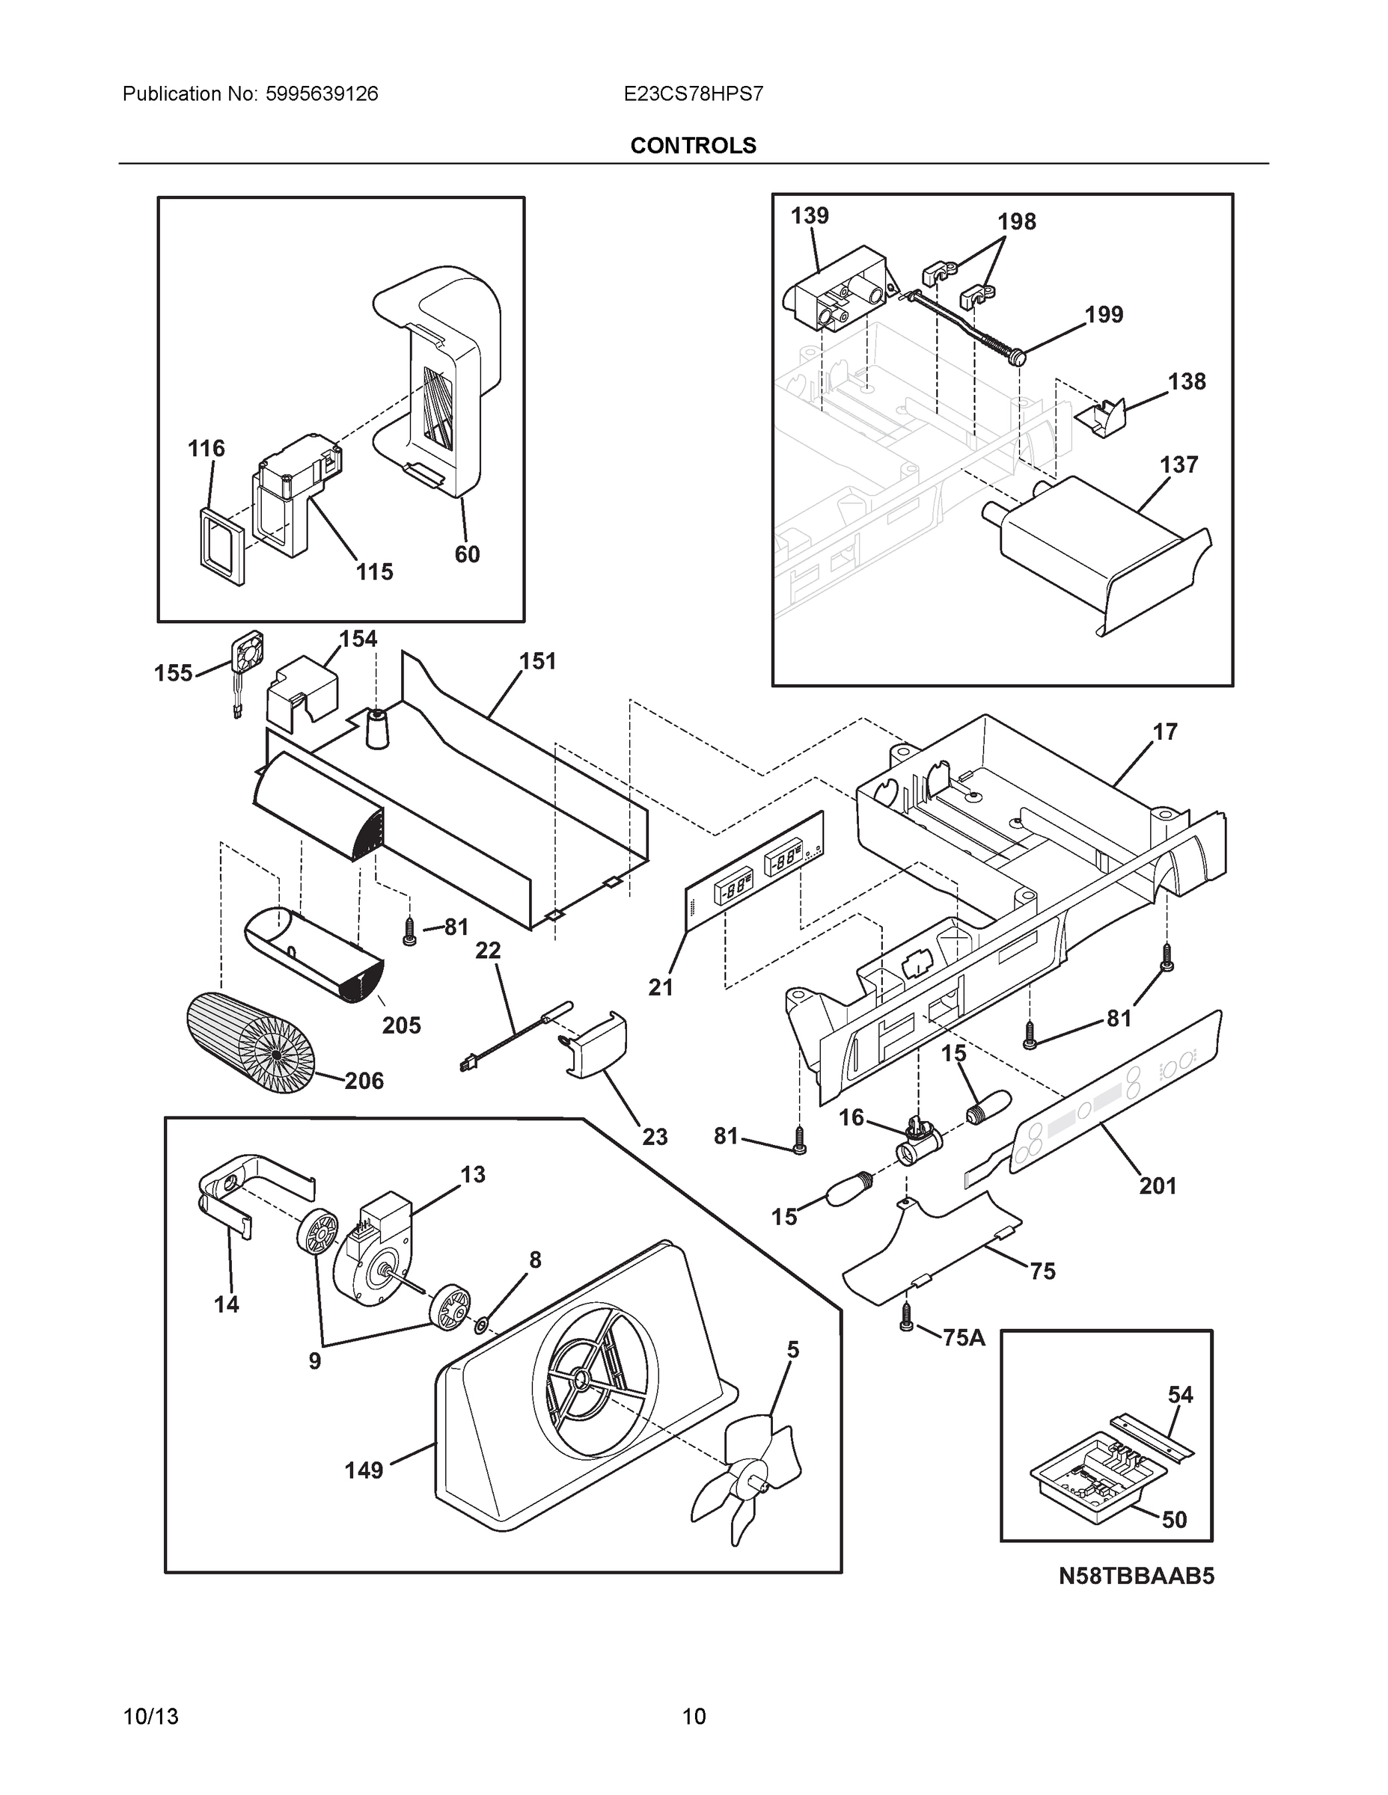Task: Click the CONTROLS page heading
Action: coord(692,146)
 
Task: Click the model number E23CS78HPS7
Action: coord(692,93)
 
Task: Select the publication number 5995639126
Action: coord(322,93)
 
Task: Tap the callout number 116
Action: coord(206,448)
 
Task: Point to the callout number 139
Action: coord(809,215)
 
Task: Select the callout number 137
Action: coord(1178,464)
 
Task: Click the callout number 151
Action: coord(537,661)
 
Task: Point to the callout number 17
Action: coord(1164,731)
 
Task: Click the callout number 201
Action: coord(1157,1186)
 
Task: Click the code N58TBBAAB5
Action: coord(1135,1576)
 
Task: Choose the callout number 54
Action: coord(1180,1394)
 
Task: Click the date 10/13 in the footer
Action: coord(150,1716)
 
